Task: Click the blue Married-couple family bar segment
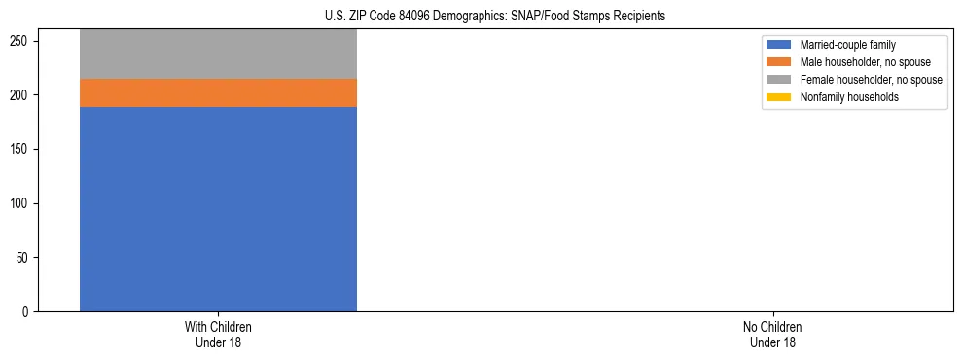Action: (218, 209)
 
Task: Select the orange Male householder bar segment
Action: (218, 93)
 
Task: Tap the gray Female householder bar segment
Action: (218, 54)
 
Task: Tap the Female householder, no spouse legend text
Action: (871, 80)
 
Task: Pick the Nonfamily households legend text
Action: (849, 97)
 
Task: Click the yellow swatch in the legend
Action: (779, 97)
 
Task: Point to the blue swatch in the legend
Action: (779, 45)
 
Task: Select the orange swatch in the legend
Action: (779, 62)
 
